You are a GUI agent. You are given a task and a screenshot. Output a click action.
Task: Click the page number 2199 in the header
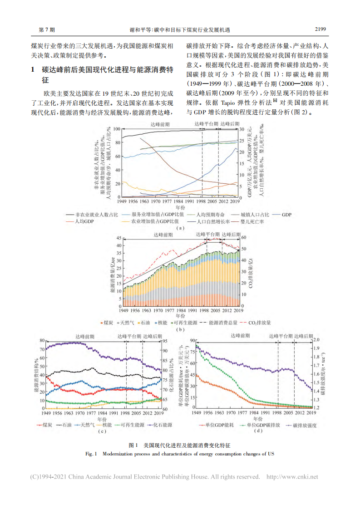321,30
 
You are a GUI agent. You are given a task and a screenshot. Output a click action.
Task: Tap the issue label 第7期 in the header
48,30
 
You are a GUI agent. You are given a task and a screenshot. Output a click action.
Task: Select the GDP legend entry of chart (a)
287,214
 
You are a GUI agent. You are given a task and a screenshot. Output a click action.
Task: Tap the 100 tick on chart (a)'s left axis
117,129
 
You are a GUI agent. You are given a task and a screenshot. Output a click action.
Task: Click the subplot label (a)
181,228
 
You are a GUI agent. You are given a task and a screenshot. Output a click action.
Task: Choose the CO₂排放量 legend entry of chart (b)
259,323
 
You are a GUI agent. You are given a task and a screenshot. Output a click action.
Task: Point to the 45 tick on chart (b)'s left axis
119,238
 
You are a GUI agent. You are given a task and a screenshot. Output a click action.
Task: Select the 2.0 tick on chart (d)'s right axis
317,340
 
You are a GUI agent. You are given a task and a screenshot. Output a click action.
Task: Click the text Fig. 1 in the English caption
92,453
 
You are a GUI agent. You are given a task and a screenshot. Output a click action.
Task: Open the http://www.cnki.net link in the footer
292,477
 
